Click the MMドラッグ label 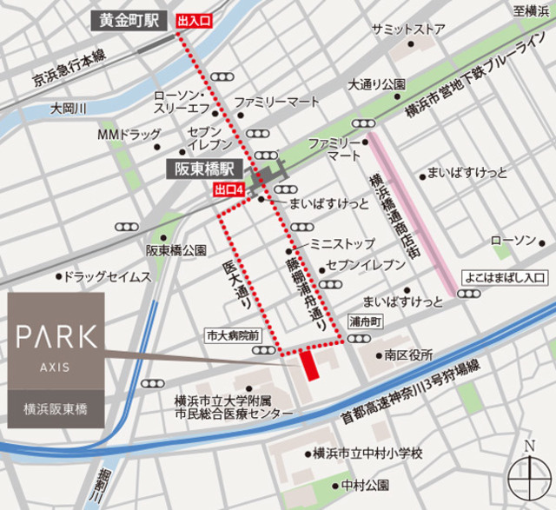tap(129, 135)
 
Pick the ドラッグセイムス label tap(108, 277)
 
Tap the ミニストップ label tap(343, 244)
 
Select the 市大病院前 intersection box tap(233, 334)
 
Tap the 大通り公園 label tap(377, 85)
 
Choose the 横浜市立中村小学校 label tap(368, 454)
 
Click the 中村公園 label tap(365, 484)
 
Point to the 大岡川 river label tap(69, 109)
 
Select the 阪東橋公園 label tap(176, 250)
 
